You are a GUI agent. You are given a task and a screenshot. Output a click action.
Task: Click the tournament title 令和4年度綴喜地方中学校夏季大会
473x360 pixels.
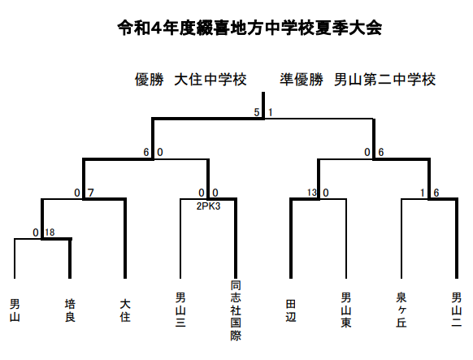click(x=250, y=28)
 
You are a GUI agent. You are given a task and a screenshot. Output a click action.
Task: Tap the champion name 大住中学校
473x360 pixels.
click(x=210, y=80)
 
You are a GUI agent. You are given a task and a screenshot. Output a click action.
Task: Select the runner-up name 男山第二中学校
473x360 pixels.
click(x=384, y=80)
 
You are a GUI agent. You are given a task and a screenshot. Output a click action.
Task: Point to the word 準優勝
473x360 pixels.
click(x=301, y=80)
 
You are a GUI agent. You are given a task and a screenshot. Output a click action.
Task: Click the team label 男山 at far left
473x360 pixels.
click(x=15, y=310)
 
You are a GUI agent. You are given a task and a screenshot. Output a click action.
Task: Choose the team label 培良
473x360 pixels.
click(x=70, y=310)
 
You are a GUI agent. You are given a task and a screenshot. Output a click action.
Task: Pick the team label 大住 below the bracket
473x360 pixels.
click(x=125, y=310)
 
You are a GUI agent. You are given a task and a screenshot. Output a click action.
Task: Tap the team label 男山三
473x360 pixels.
click(x=180, y=310)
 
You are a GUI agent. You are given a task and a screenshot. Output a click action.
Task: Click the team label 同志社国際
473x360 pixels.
click(x=236, y=310)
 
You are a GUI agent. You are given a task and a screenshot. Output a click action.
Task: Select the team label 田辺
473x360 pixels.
click(x=291, y=310)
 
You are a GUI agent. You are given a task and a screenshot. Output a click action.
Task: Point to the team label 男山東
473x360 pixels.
click(x=346, y=310)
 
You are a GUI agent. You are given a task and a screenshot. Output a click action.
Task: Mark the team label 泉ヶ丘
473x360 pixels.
click(x=401, y=310)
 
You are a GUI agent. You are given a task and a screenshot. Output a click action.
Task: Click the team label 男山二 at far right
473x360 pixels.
click(x=457, y=310)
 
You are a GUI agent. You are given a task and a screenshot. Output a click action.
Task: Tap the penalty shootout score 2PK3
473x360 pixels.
click(x=208, y=206)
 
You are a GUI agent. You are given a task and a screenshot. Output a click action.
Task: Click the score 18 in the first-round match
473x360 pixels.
click(x=50, y=232)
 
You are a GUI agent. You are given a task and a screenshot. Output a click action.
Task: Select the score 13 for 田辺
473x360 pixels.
click(x=312, y=193)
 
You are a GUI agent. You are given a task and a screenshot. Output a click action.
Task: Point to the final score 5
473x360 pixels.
click(x=257, y=112)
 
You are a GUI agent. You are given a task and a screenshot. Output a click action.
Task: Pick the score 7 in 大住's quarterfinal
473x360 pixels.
click(x=91, y=193)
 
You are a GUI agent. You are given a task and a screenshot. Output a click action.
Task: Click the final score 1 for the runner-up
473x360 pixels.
click(x=271, y=112)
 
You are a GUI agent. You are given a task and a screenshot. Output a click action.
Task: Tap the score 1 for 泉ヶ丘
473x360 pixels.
click(x=423, y=193)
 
